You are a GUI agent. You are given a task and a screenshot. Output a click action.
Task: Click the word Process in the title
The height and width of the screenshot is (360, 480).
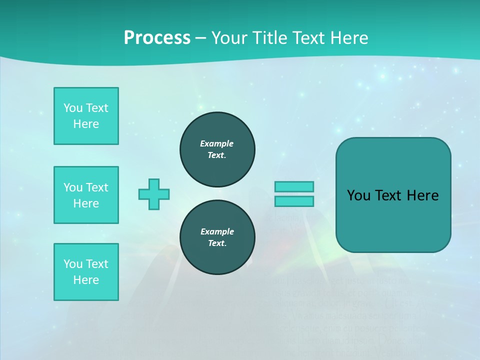[x=157, y=38]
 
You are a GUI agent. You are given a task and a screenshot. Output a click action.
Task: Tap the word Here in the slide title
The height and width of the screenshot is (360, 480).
[x=350, y=38]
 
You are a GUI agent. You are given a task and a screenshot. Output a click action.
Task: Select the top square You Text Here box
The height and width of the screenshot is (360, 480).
[x=86, y=116]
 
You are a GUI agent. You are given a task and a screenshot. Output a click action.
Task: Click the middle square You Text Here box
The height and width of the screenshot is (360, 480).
[x=86, y=195]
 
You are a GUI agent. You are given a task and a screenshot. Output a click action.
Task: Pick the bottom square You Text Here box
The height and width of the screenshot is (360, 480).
[x=86, y=272]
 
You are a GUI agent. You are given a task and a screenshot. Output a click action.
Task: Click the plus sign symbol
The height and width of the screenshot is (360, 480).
[x=154, y=194]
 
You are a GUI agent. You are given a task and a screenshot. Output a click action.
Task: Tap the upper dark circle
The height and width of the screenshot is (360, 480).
[x=217, y=149]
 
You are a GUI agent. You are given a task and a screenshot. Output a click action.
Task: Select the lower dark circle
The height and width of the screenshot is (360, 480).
[x=217, y=237]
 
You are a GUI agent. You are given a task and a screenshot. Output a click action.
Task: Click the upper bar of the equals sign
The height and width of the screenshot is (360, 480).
[x=294, y=186]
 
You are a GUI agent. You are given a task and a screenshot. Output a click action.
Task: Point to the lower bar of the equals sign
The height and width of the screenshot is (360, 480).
[x=294, y=201]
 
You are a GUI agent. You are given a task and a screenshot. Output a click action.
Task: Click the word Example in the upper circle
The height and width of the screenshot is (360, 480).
[x=216, y=143]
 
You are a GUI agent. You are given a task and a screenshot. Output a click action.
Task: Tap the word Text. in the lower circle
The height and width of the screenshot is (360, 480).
[x=217, y=243]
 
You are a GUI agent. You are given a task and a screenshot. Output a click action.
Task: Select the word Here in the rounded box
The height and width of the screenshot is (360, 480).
[x=423, y=195]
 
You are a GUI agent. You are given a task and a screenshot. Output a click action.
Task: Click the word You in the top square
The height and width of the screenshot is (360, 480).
[x=72, y=108]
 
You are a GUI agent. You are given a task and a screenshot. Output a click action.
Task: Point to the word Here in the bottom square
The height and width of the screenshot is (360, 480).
[x=86, y=280]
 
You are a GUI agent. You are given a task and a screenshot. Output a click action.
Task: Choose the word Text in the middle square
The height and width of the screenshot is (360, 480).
[x=97, y=187]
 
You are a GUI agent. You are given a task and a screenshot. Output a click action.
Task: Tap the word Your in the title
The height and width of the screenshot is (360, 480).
[x=229, y=38]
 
